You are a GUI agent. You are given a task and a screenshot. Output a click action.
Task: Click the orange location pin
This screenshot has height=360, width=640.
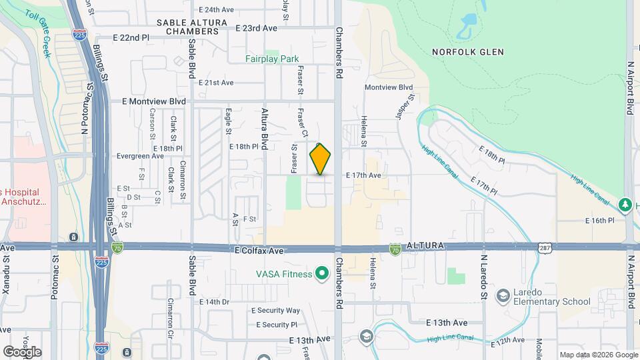321,159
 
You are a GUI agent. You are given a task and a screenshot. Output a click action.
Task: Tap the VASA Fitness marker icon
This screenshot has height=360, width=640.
322,273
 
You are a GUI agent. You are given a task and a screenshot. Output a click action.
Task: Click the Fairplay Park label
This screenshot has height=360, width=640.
272,59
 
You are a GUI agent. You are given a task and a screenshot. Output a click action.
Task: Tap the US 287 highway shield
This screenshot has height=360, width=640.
545,247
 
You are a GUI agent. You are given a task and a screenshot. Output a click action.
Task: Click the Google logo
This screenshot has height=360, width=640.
22,351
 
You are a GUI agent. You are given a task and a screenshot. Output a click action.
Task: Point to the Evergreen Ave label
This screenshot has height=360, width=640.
140,156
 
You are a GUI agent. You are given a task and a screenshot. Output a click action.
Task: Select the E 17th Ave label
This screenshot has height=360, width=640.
363,175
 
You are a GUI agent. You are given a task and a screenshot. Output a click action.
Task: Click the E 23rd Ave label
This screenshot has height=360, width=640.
256,28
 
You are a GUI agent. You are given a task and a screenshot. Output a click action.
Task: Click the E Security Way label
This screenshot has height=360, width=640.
275,311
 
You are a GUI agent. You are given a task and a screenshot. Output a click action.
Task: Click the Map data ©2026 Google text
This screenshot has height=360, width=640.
598,355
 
